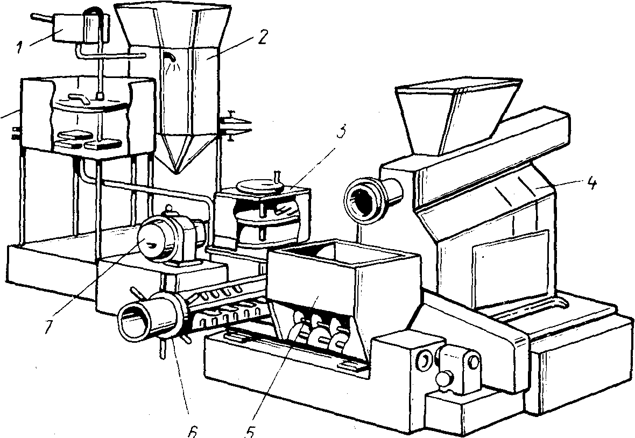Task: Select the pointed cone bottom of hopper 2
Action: point(185,153)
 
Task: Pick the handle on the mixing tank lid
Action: point(80,99)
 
